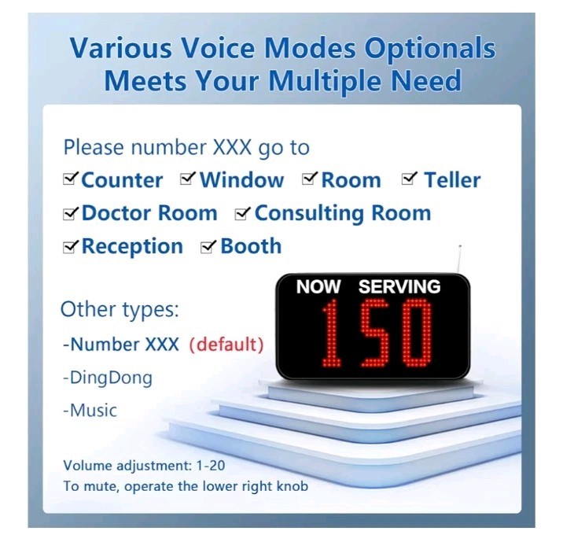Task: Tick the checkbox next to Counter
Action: (71, 180)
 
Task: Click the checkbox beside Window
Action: (188, 180)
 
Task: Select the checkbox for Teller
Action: (409, 180)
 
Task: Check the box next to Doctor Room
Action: (71, 213)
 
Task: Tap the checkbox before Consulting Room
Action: (243, 213)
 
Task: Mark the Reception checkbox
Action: (71, 247)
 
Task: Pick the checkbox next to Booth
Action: (209, 247)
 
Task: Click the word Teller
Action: (452, 180)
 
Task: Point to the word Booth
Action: (251, 246)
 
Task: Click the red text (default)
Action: (226, 345)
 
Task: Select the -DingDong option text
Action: (109, 378)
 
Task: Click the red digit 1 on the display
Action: (331, 333)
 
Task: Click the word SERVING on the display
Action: (399, 287)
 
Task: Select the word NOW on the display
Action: (318, 287)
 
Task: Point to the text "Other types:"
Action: (120, 309)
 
